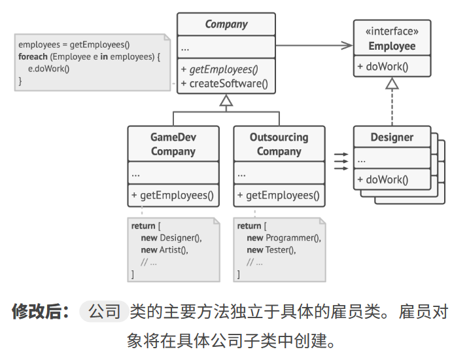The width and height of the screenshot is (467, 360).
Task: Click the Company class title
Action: [x=226, y=24]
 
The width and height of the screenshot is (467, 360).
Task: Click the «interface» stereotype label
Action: [x=392, y=31]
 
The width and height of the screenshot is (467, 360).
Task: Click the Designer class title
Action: [x=392, y=137]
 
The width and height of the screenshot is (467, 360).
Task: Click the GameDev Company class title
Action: [x=173, y=144]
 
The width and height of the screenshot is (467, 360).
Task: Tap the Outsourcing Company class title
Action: [x=279, y=144]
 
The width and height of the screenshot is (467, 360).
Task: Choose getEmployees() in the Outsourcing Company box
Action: [x=278, y=195]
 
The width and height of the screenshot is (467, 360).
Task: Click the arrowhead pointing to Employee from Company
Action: [x=345, y=45]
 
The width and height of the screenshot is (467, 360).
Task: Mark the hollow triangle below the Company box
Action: [x=226, y=100]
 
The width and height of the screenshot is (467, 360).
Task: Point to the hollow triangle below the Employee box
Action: [x=392, y=83]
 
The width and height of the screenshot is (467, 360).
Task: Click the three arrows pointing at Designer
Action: [x=341, y=161]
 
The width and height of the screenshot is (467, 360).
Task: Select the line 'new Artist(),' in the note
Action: [x=164, y=250]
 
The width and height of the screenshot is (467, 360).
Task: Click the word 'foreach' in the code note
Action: [x=33, y=57]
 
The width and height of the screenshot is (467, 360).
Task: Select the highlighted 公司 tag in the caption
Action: [x=104, y=312]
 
